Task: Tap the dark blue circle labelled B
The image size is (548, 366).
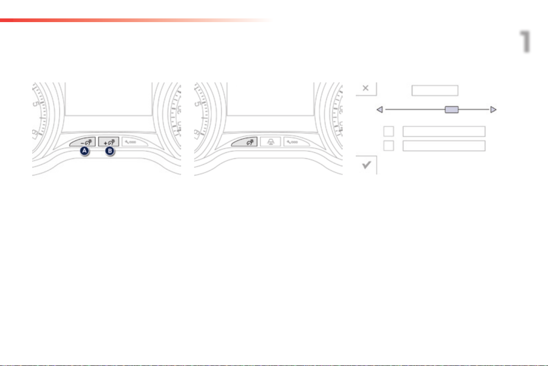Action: pos(110,151)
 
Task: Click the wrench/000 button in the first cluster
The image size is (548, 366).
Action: pos(135,142)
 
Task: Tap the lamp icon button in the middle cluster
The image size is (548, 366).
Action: pos(271,142)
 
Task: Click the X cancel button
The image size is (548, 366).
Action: pos(366,88)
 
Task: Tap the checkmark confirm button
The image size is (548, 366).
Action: pos(366,165)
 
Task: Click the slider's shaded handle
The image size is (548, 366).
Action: pos(451,110)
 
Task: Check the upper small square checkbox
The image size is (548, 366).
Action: pos(388,132)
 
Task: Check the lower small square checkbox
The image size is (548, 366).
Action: pos(388,146)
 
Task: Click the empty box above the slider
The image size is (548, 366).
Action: pos(434,90)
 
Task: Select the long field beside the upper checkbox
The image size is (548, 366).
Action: pos(444,132)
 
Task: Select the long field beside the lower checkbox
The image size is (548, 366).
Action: pos(444,146)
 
